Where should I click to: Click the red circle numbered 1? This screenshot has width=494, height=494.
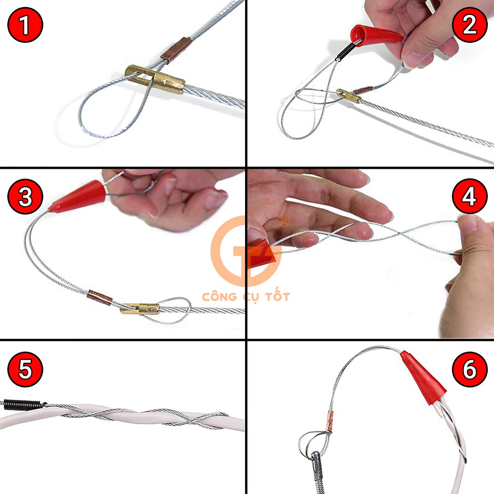[x=25, y=25]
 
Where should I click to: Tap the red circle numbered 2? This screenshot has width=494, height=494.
[x=469, y=25]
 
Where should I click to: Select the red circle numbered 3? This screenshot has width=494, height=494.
[x=25, y=197]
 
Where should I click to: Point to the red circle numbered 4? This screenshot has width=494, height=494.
[x=469, y=197]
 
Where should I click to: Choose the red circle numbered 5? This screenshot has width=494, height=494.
[x=25, y=369]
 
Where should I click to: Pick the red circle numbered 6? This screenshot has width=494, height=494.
[x=469, y=369]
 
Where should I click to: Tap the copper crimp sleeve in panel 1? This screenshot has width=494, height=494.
[x=176, y=50]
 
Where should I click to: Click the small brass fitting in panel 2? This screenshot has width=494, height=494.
[x=348, y=96]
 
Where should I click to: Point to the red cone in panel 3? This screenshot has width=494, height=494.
[x=78, y=196]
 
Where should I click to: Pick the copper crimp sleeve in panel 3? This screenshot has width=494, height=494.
[x=99, y=298]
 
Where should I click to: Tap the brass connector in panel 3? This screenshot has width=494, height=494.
[x=140, y=308]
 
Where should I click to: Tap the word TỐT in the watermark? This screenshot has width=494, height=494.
[x=277, y=296]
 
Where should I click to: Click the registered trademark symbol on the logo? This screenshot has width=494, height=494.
[x=284, y=220]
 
